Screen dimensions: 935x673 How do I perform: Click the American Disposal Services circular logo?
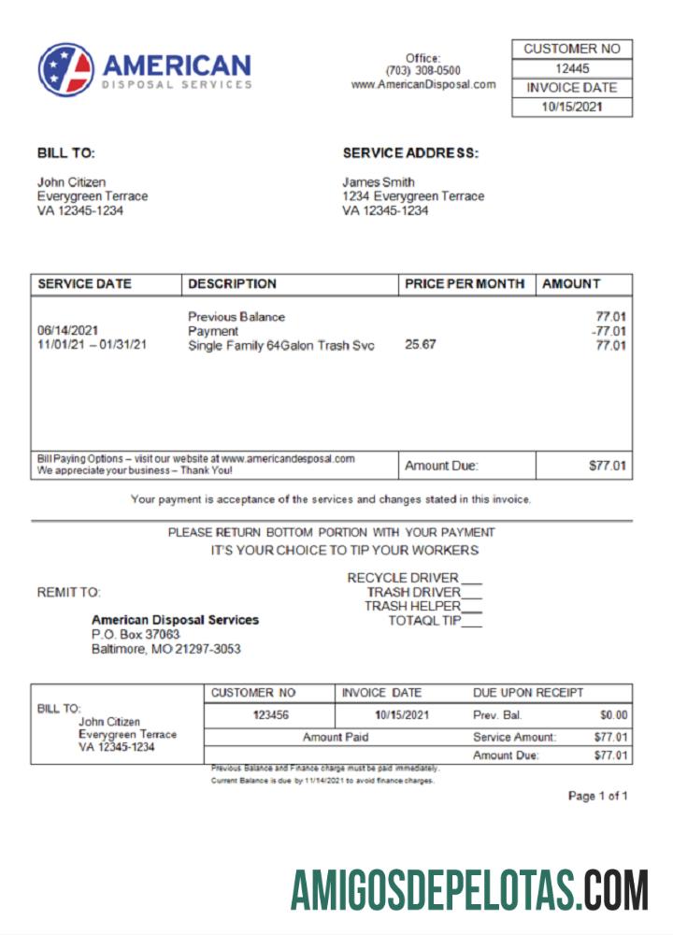click(x=66, y=70)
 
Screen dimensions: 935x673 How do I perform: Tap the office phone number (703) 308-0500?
click(x=422, y=71)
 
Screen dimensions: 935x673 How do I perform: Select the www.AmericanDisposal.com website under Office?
click(x=422, y=84)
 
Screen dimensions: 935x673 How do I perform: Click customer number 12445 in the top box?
click(x=572, y=68)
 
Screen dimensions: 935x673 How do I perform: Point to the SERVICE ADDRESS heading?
click(x=410, y=153)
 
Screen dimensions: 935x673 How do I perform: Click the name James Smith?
click(x=379, y=182)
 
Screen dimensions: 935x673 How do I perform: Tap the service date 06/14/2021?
click(x=68, y=331)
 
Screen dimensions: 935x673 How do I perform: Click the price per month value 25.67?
click(x=421, y=345)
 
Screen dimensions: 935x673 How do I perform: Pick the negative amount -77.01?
click(x=609, y=331)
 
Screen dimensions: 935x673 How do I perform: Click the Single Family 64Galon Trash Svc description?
click(x=280, y=346)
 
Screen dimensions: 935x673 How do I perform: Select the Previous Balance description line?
click(x=236, y=317)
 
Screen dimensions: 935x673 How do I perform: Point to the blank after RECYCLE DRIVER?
click(x=472, y=579)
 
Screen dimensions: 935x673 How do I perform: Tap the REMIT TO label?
click(x=68, y=593)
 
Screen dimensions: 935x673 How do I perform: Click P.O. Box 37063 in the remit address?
click(x=136, y=634)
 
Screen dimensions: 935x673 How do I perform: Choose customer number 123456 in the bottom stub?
click(x=270, y=715)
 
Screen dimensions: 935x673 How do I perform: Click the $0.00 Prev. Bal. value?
click(x=613, y=715)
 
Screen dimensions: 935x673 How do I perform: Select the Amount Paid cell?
click(x=336, y=737)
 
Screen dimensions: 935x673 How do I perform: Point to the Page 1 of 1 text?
click(x=597, y=797)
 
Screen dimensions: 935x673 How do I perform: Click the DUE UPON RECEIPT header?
click(x=528, y=693)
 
